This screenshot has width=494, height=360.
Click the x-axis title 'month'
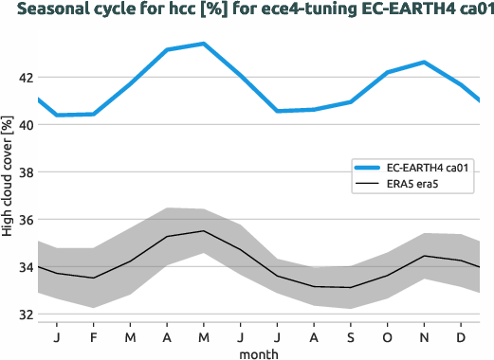(258, 352)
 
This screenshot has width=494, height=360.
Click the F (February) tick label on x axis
(93, 336)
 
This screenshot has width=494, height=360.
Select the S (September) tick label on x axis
(351, 336)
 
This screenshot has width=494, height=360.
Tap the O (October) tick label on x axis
(387, 336)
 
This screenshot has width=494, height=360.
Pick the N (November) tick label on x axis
(424, 336)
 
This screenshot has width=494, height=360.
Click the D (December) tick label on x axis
(461, 336)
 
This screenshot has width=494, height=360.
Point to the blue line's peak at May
(203, 44)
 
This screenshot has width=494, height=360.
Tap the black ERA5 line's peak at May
(203, 231)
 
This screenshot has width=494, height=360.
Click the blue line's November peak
(424, 63)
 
